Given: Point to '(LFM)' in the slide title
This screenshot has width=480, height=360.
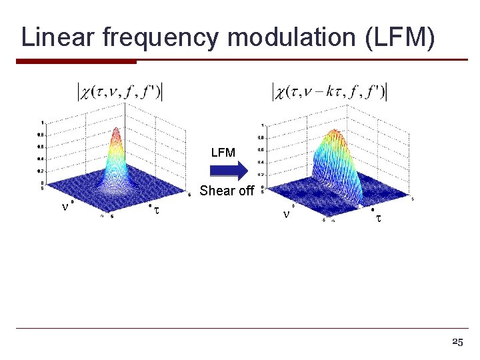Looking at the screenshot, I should tap(400, 38).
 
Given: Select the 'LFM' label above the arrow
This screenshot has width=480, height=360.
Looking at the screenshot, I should tap(223, 153).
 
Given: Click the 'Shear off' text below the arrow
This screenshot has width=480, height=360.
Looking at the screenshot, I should tap(227, 191).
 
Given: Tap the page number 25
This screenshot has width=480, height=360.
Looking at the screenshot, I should tap(457, 342).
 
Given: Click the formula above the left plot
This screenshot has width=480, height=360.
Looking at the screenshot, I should tap(120, 91).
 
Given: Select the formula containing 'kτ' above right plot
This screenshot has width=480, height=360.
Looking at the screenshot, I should tap(329, 91).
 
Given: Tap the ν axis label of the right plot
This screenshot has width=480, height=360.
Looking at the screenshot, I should tap(286, 215).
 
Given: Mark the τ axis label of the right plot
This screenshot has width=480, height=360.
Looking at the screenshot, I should tap(378, 217).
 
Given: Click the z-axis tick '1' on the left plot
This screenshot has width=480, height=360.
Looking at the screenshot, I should tap(43, 123).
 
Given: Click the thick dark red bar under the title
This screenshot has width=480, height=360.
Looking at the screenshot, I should tap(76, 62).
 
